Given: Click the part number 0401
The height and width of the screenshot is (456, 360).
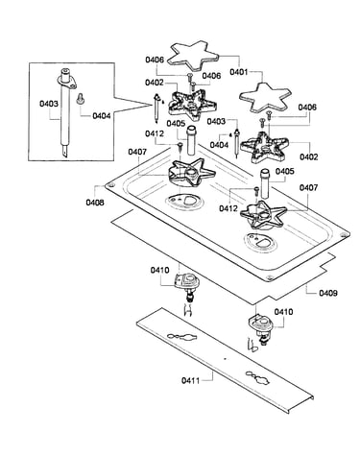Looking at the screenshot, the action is (239, 72).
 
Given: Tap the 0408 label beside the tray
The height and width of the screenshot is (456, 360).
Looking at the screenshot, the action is (95, 203).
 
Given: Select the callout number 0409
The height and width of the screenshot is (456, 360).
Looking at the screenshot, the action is (328, 293).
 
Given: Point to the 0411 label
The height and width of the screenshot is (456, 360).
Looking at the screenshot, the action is (190, 380).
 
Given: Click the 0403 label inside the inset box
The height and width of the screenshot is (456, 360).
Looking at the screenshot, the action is (49, 104).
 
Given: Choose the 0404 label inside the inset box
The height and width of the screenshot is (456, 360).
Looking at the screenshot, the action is (102, 116).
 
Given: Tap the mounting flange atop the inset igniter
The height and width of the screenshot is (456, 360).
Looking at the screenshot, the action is (67, 79).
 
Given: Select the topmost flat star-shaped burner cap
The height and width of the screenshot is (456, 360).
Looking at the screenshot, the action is (194, 55).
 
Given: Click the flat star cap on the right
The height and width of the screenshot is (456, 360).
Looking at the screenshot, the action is (266, 97).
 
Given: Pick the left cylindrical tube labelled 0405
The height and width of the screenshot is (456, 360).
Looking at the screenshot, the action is (192, 140).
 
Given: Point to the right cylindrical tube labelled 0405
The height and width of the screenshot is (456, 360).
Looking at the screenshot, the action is (265, 183).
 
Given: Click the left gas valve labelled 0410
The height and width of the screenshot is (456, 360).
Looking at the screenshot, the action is (188, 286).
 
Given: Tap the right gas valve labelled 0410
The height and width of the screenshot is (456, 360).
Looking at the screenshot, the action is (261, 330).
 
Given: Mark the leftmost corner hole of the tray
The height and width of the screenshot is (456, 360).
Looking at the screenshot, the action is (110, 185).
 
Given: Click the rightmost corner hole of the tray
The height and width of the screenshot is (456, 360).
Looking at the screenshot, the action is (344, 235).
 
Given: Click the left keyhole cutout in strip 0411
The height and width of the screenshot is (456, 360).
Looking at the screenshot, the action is (181, 337).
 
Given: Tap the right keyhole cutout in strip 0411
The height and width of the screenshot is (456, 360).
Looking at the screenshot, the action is (258, 377).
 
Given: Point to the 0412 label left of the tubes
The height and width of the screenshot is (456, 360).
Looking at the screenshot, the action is (155, 133).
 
